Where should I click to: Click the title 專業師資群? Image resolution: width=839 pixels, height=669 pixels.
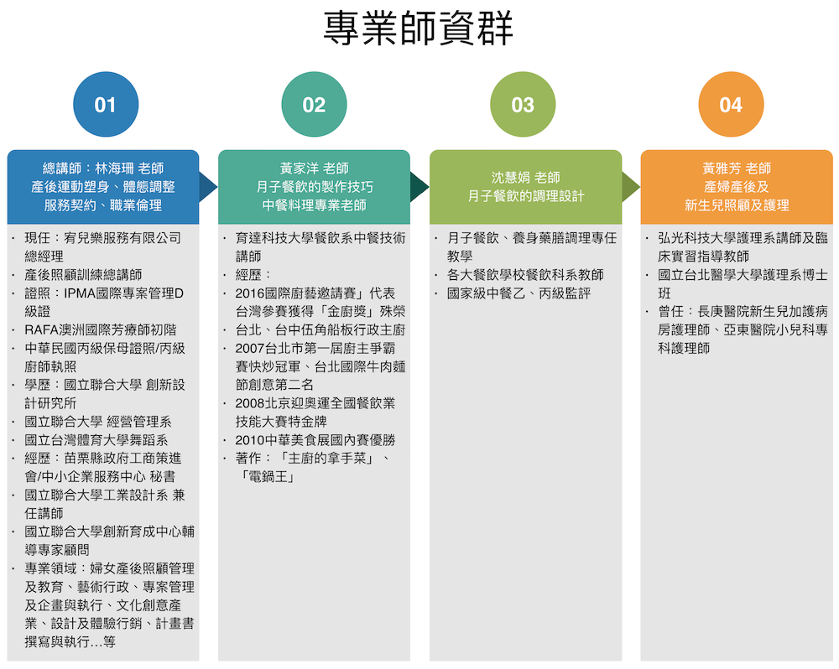point(419,29)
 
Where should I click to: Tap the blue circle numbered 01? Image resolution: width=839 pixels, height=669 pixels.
point(106,104)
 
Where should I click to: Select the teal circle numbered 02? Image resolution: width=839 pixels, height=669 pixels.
point(314,104)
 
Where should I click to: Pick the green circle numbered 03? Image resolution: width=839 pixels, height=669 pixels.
point(523,104)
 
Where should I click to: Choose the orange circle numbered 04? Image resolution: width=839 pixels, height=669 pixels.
point(731,104)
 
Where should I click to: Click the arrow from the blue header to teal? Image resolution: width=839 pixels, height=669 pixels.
point(207,187)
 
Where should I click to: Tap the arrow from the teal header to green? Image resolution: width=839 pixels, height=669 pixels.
point(419,187)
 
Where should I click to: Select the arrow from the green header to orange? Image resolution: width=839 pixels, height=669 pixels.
point(630,187)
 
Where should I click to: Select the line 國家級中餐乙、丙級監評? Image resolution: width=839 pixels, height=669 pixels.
point(519,293)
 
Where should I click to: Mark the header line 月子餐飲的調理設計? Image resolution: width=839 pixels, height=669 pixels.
point(526,196)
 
